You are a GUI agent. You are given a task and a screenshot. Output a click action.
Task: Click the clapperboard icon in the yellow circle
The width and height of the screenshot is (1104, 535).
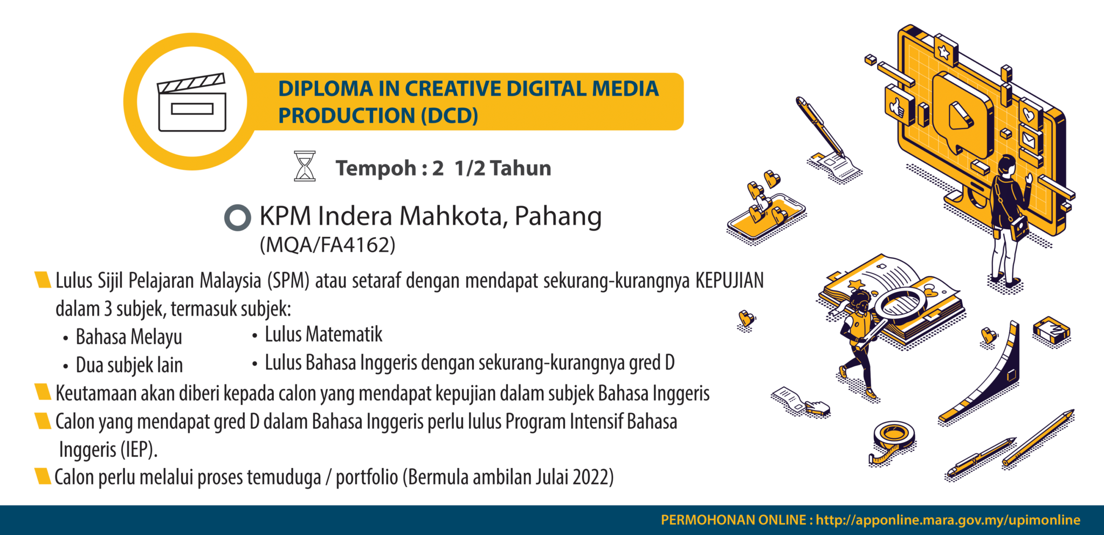coord(191,102)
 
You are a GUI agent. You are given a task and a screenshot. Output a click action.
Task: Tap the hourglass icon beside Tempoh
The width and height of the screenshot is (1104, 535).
coord(305,166)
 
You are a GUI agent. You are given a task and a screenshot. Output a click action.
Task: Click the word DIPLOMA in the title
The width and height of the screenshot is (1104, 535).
coord(326,89)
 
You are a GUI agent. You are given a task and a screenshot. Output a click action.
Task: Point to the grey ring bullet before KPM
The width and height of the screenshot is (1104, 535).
coord(237,218)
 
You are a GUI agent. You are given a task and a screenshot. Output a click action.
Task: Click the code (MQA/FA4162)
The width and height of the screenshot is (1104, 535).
coord(327,245)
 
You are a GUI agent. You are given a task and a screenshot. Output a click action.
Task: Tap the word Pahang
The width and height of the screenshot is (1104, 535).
coord(558,216)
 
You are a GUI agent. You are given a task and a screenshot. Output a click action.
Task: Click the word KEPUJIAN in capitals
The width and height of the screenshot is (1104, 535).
coord(729,281)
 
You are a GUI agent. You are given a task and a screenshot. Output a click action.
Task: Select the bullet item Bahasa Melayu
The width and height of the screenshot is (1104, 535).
coord(129,337)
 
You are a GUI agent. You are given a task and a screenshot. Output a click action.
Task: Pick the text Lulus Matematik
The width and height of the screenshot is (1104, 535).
coord(323,335)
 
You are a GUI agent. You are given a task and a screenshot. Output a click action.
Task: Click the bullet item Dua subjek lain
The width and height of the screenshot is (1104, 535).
coord(129,365)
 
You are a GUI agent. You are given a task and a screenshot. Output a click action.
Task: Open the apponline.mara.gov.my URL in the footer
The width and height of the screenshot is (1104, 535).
coord(948,520)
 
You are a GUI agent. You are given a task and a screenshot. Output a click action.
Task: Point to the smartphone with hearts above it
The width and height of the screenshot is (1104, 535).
coord(765,218)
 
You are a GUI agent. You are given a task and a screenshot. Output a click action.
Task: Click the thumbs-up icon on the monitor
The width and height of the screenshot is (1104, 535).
coord(898,106)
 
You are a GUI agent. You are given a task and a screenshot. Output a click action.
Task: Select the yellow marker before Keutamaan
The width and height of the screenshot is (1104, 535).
coord(43,393)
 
